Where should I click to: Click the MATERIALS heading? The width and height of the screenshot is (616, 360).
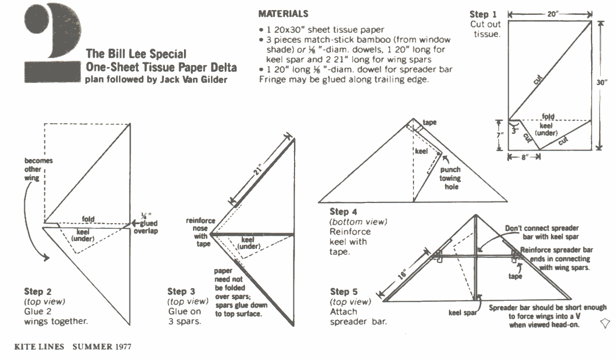tap(283, 14)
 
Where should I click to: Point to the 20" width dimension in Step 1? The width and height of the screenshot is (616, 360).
tap(553, 14)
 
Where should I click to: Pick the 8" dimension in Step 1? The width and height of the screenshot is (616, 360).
tap(523, 156)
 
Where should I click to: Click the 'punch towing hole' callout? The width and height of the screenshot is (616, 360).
tap(450, 178)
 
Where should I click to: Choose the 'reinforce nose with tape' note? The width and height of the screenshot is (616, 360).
tap(198, 232)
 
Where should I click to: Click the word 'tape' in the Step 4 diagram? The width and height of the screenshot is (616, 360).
tap(430, 122)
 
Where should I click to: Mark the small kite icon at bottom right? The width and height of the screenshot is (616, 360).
tap(606, 322)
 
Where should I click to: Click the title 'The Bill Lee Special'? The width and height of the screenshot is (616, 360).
tap(136, 54)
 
